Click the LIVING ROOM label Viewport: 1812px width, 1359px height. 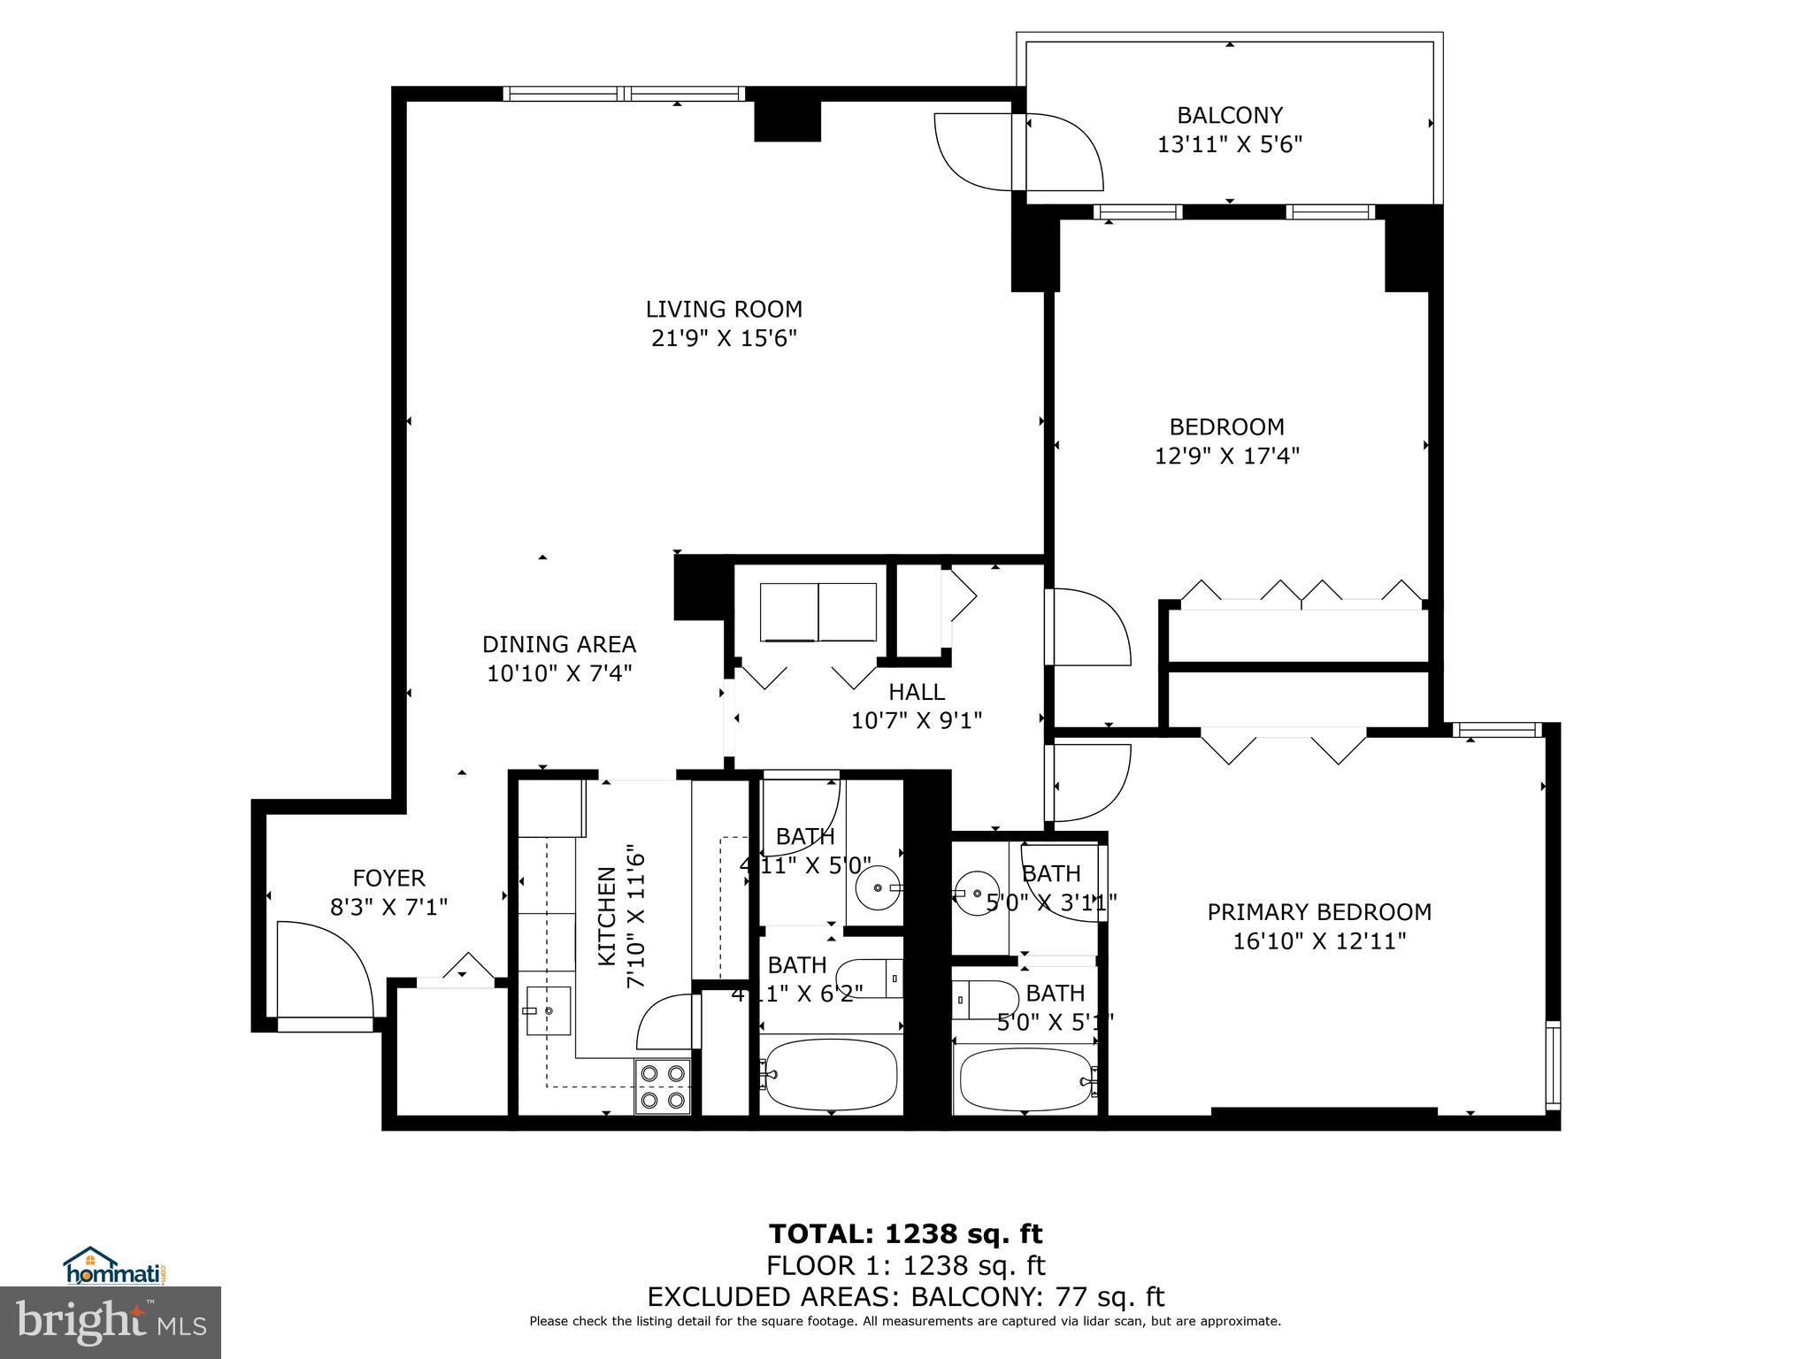[x=723, y=309]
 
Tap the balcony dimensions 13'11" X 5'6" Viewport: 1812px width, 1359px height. [x=1229, y=144]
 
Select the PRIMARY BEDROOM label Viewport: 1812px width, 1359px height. [x=1318, y=911]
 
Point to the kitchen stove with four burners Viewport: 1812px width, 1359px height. [x=663, y=1086]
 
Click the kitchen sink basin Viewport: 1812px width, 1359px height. [x=548, y=1010]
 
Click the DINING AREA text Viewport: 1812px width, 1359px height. [x=558, y=644]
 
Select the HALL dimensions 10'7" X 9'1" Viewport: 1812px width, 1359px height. [x=916, y=721]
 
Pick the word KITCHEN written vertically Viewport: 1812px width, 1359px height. [x=607, y=916]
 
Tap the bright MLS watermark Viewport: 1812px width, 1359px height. [x=111, y=1322]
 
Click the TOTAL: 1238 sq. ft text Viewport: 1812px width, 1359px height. [x=905, y=1233]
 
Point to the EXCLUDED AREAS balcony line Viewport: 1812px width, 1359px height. [x=905, y=1297]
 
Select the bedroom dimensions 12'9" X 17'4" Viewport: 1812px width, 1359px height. [x=1226, y=456]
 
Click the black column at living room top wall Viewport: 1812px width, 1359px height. [x=787, y=121]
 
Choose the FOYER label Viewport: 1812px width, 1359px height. [x=388, y=878]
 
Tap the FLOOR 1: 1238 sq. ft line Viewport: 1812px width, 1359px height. [x=905, y=1265]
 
